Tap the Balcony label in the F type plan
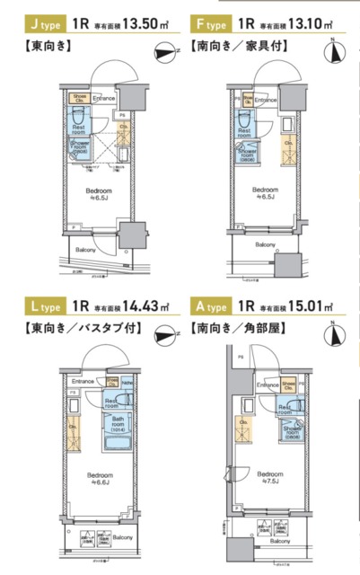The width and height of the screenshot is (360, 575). tap(265, 244)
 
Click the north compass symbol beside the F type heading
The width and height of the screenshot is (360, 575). tap(336, 50)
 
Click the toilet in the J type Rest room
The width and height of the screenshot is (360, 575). tap(78, 117)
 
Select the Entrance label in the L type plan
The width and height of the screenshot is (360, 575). tap(82, 381)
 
